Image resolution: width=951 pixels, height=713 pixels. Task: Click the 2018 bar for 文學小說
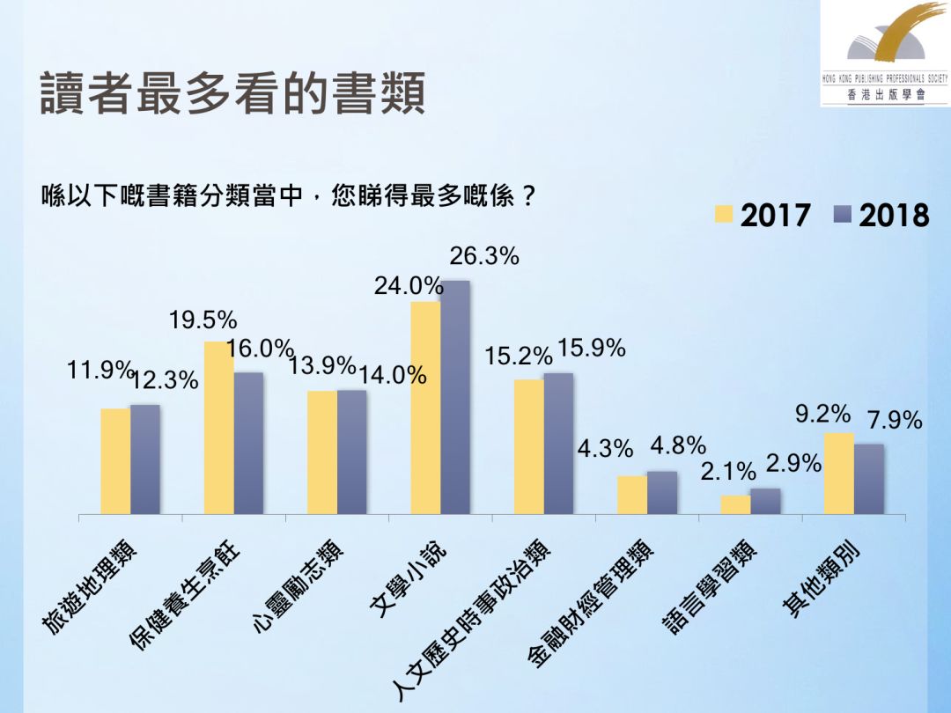(455, 397)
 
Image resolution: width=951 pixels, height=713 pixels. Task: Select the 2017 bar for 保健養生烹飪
(218, 428)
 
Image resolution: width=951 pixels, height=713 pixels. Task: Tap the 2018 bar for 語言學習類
(765, 501)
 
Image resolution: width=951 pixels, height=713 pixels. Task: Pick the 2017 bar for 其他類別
(838, 474)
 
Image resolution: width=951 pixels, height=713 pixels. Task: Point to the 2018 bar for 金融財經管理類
(662, 492)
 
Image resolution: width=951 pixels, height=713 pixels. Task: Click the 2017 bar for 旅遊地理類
(115, 461)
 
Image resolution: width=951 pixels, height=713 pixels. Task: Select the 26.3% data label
(484, 257)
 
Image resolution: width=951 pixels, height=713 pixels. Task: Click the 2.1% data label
(728, 473)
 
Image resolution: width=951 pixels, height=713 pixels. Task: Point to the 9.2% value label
(823, 414)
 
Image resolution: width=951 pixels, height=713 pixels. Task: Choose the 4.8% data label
(678, 446)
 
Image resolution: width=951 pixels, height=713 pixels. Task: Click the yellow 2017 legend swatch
(724, 215)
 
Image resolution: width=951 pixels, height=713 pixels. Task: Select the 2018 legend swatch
(842, 214)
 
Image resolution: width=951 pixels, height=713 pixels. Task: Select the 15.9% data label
(591, 349)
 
